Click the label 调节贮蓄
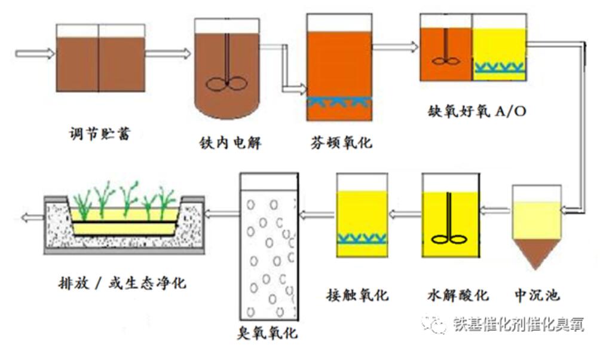(100, 133)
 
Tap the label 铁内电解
(231, 144)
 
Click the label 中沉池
(537, 295)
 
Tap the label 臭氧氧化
(267, 332)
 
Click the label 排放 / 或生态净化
(119, 282)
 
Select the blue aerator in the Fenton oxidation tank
(339, 103)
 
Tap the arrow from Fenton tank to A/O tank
(395, 46)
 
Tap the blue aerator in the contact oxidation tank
(362, 239)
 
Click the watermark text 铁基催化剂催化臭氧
(518, 324)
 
